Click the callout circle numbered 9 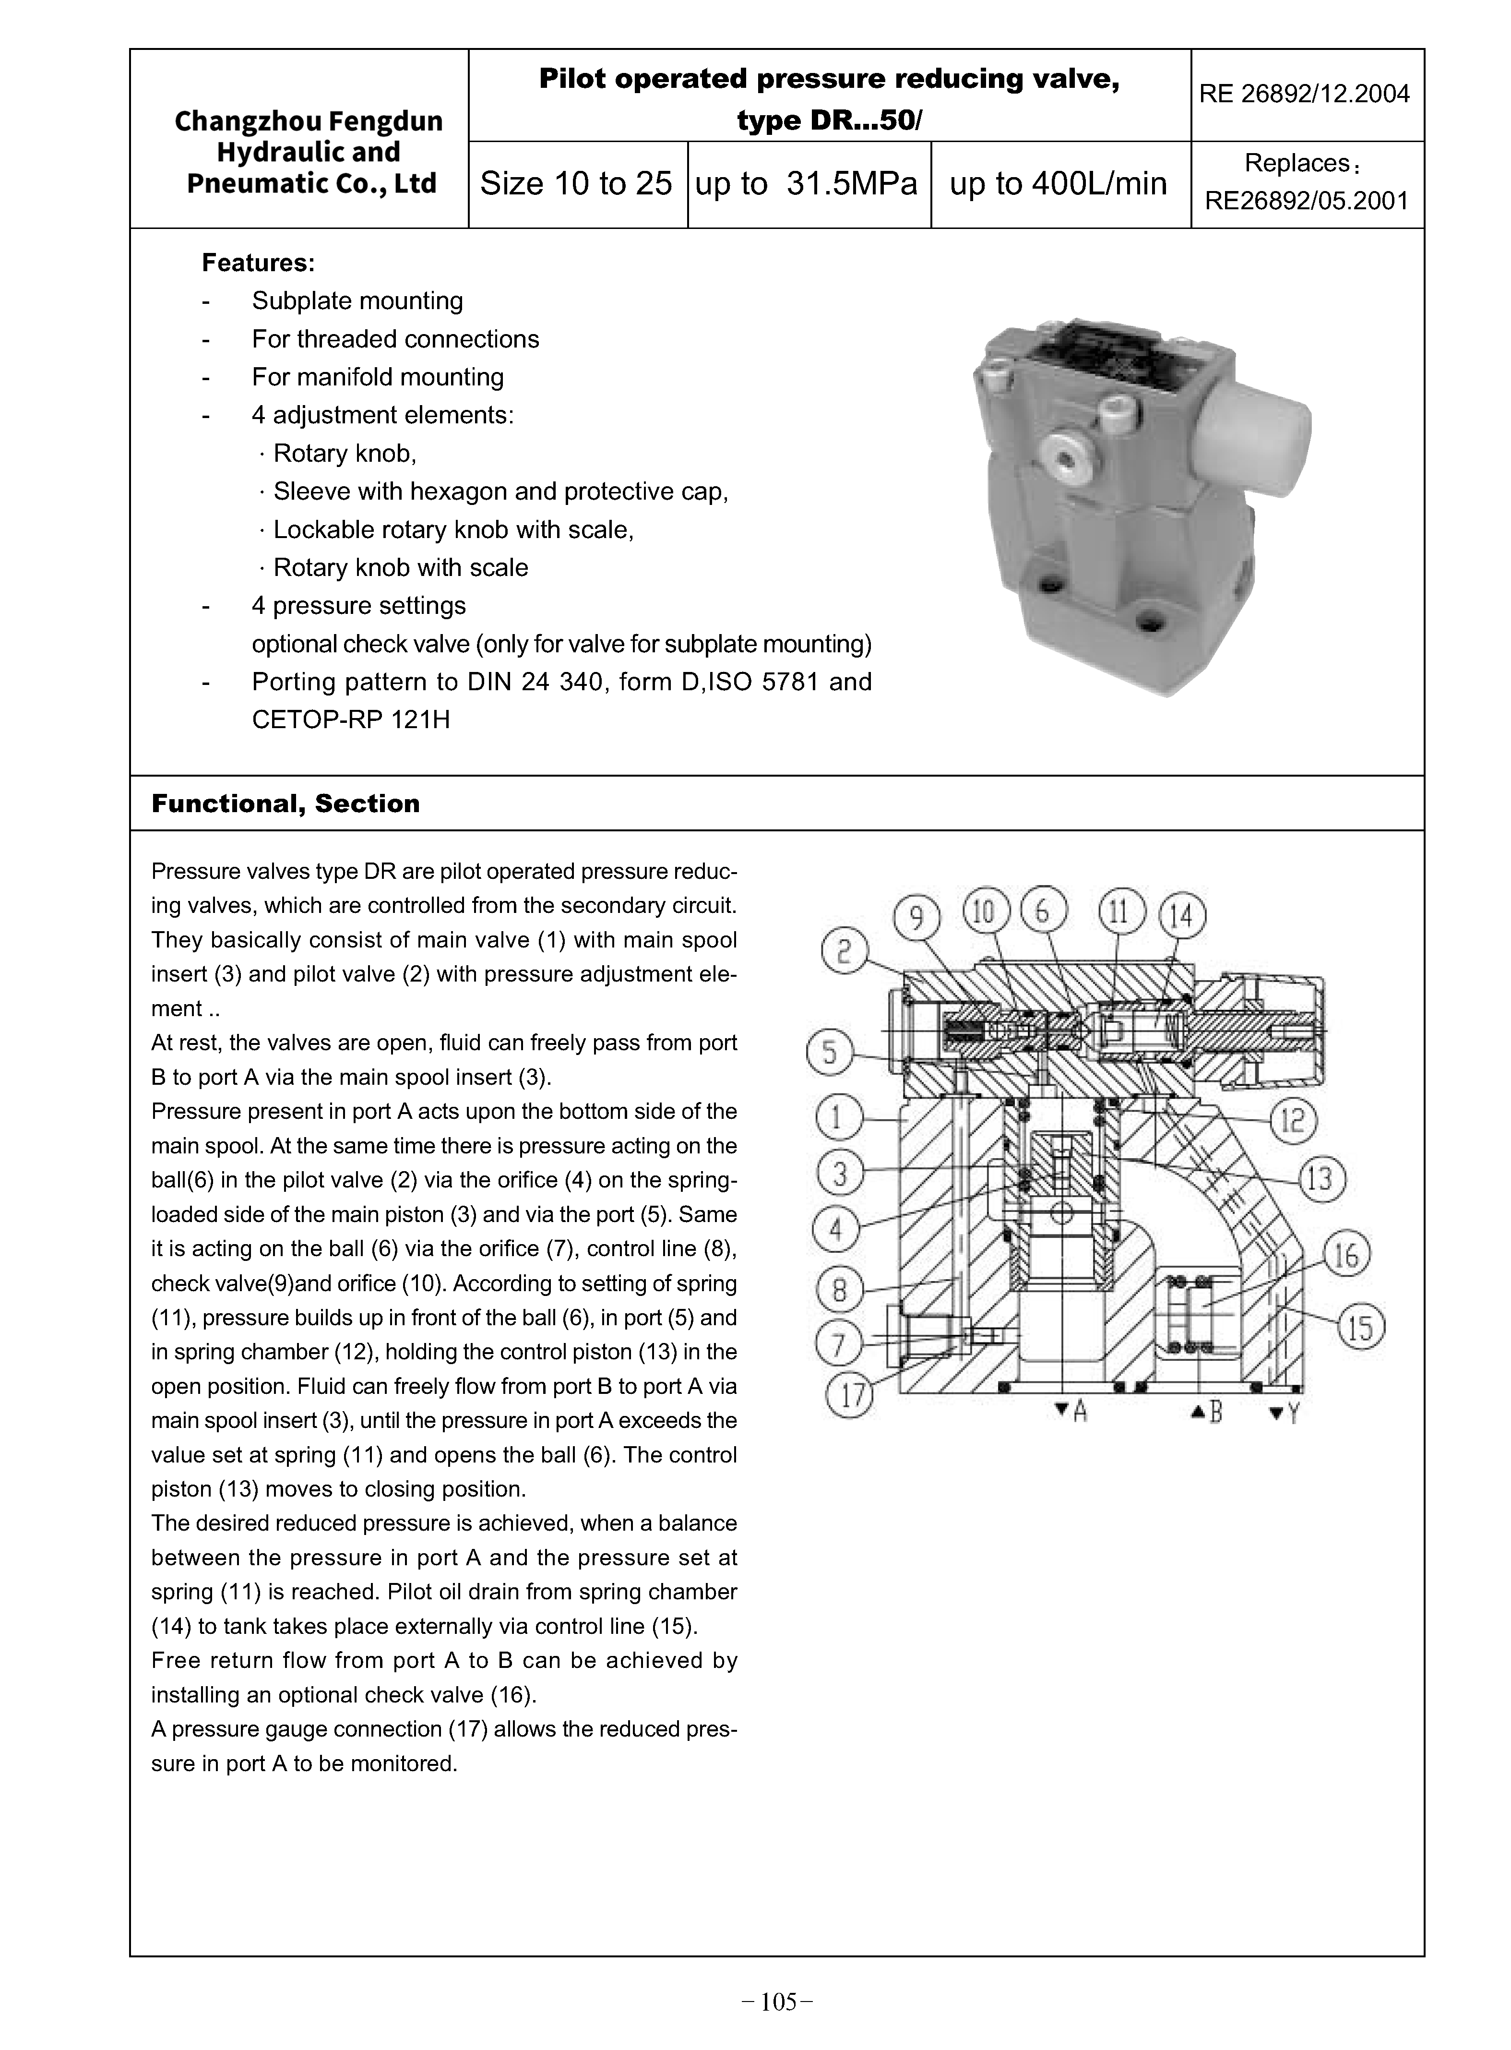point(916,918)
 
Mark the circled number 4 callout point(836,1229)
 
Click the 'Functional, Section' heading point(286,803)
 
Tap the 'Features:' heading point(259,264)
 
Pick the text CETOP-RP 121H point(351,720)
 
